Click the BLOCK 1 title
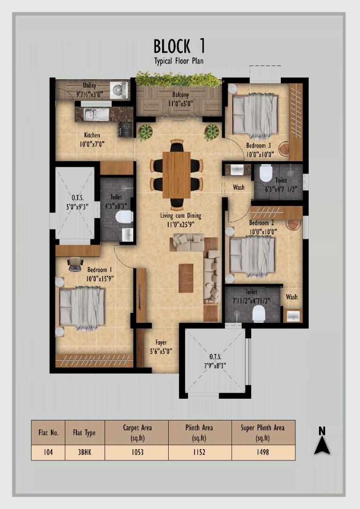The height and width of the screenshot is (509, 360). [x=179, y=46]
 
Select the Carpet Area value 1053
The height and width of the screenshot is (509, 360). [x=137, y=452]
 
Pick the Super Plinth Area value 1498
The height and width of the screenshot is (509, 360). [x=262, y=452]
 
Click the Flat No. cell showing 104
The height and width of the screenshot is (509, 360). [x=48, y=452]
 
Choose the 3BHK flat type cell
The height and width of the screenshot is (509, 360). [x=84, y=452]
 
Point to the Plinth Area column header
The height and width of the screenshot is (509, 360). [x=199, y=433]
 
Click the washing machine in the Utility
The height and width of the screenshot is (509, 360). [x=118, y=90]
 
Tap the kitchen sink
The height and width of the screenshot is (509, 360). [x=97, y=114]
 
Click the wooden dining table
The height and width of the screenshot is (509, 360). [x=177, y=175]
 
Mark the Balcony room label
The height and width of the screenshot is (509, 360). [x=180, y=95]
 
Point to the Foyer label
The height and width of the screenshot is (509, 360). [x=161, y=343]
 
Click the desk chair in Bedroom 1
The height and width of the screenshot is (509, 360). [x=75, y=263]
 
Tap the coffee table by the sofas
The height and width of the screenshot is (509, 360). [x=186, y=278]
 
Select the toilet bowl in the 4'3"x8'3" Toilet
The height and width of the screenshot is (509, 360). [x=124, y=216]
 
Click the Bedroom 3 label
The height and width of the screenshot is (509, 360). [x=258, y=146]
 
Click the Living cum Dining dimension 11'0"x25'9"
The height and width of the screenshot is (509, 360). [x=181, y=224]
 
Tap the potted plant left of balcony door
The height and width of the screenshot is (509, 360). [x=145, y=132]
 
